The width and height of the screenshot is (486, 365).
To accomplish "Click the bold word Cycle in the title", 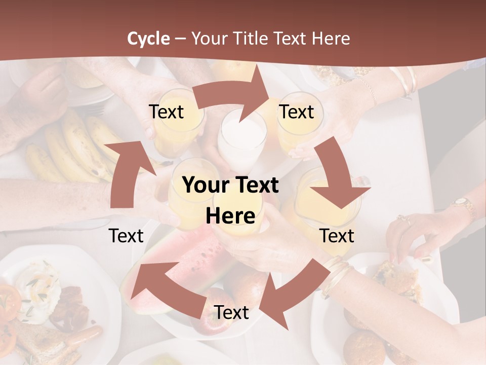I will [x=148, y=38].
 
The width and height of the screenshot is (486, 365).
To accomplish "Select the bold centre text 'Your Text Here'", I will [x=230, y=200].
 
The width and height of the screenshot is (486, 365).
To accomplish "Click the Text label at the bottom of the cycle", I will [x=231, y=312].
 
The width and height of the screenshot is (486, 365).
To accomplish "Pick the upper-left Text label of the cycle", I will [x=166, y=112].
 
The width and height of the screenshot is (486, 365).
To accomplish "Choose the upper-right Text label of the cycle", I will [x=297, y=112].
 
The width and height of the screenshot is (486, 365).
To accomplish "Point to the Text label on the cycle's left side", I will [x=126, y=235].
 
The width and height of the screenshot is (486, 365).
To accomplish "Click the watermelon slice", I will [x=197, y=253].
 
